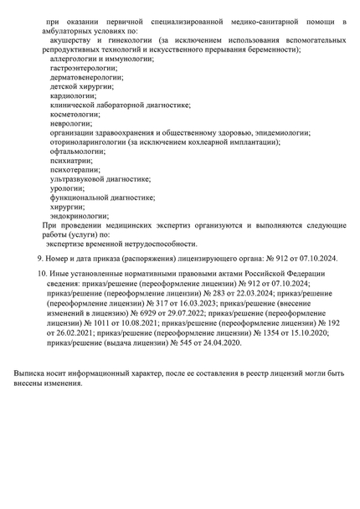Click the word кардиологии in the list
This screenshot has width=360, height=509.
click(72, 95)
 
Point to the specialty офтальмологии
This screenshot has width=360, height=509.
click(77, 152)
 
